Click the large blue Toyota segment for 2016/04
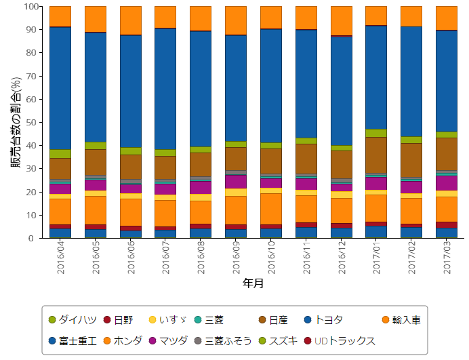tap(60, 88)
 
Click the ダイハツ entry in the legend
tap(73, 320)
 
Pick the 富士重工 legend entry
tap(73, 341)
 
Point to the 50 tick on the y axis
tap(35, 123)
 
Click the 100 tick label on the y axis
tap(32, 7)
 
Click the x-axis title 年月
tap(253, 284)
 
